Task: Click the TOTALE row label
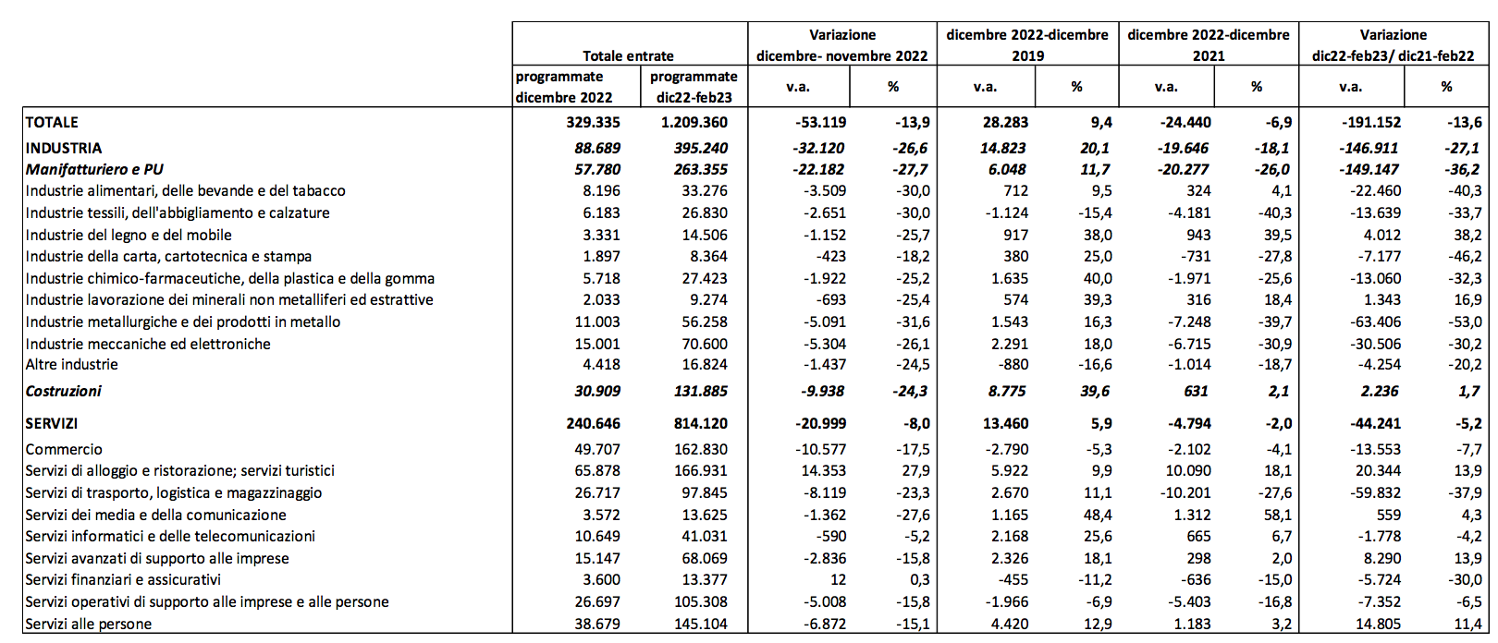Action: tap(52, 122)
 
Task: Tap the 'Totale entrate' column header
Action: tap(628, 56)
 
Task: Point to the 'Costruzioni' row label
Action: tap(63, 391)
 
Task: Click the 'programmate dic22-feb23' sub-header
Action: tap(694, 87)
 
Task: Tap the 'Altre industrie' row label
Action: tap(71, 364)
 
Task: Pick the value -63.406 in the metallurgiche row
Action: tap(1375, 321)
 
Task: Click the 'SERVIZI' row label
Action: tap(52, 423)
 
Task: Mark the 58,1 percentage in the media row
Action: tap(1278, 515)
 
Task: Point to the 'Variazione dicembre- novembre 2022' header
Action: tap(842, 45)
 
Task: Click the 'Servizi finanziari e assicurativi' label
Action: tap(123, 579)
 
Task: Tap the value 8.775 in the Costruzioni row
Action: tap(1007, 391)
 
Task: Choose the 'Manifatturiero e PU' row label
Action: tap(94, 169)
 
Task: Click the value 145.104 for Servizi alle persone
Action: tap(701, 624)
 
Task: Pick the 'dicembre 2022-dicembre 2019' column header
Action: tap(1027, 45)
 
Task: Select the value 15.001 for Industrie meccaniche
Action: tap(597, 344)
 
